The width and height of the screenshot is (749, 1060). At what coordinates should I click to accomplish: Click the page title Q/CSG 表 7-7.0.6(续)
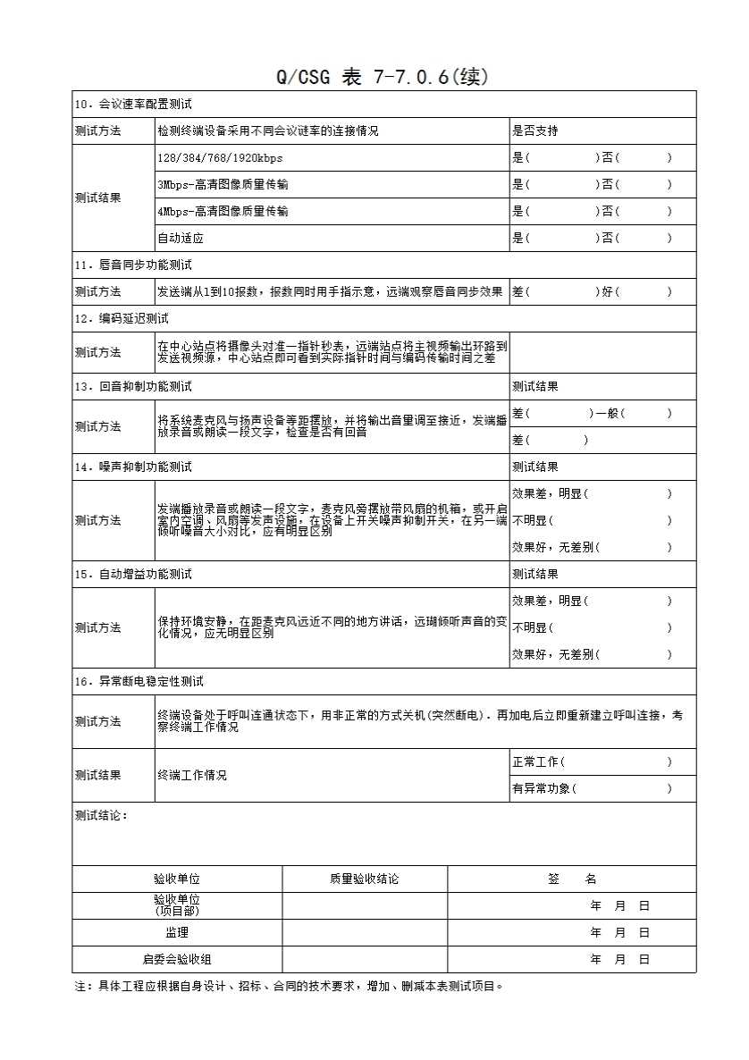pos(383,78)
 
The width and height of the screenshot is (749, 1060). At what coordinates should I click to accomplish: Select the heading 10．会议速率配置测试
pos(133,105)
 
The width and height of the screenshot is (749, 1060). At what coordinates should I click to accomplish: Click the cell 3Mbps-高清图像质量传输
pos(223,185)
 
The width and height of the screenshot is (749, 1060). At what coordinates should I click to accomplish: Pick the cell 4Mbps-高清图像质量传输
pos(223,212)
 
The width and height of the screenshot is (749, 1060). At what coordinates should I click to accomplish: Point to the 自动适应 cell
pos(181,239)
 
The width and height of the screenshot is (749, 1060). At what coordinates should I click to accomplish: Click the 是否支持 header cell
pos(535,131)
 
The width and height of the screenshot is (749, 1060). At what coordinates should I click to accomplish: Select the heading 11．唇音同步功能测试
pos(133,265)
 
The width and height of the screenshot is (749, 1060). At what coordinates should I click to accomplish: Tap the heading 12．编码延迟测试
pos(122,319)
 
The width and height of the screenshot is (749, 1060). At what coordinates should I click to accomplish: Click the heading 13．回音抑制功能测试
pos(133,387)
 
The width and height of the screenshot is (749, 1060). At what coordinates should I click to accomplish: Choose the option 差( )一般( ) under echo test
pos(592,414)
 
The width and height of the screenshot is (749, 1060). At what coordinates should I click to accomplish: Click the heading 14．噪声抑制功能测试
pos(133,467)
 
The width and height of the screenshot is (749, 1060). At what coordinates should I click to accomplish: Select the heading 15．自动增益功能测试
pos(133,575)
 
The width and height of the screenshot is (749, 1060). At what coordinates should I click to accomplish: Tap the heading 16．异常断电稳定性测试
pos(139,682)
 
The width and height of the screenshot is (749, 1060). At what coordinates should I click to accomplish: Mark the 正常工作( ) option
pos(592,762)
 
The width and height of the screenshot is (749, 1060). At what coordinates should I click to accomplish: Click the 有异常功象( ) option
pos(592,789)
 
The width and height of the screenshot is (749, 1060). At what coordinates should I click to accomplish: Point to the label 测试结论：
pos(102,816)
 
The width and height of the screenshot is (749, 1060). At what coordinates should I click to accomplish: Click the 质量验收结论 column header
pos(365,879)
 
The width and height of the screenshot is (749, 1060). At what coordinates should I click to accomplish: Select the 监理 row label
pos(177,933)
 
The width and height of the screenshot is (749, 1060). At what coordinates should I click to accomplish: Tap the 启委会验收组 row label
pos(177,960)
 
